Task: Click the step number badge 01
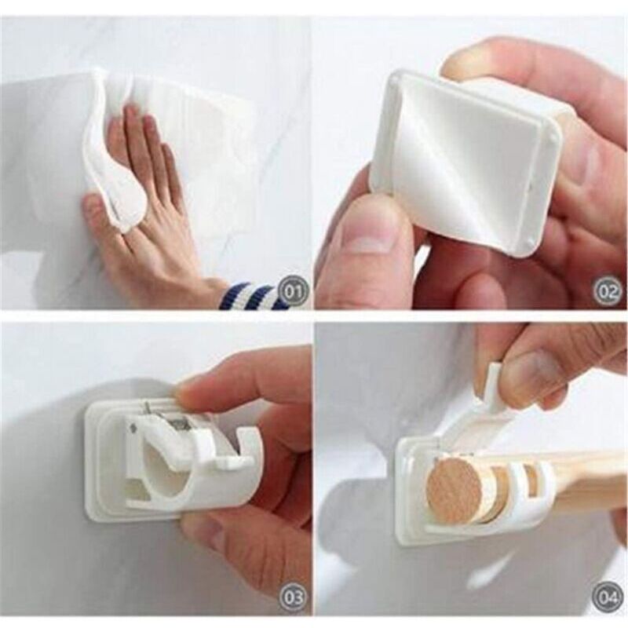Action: [x=293, y=291]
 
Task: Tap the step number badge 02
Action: [x=608, y=291]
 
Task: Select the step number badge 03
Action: [x=293, y=608]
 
